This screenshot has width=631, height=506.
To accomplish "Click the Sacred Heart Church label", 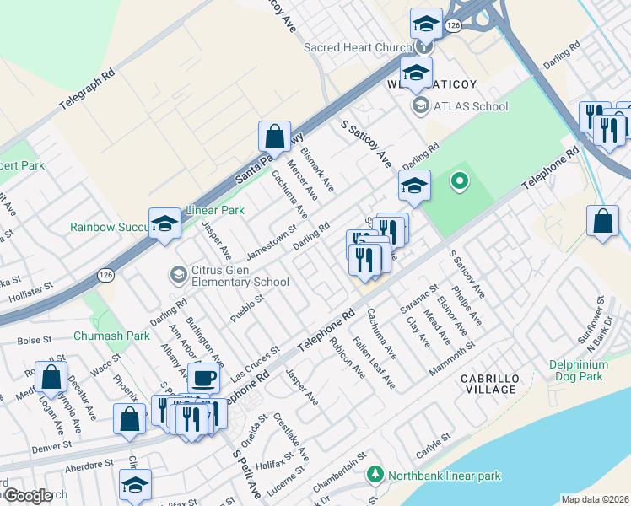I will point(359,47).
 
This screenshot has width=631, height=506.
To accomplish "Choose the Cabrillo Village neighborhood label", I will point(489,384).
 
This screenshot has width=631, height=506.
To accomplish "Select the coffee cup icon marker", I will point(202,376).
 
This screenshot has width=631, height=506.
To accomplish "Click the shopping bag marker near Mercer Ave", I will point(274,136).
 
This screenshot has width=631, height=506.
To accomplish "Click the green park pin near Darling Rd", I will point(459,180).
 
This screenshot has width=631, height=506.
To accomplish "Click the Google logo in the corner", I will point(28,496).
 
